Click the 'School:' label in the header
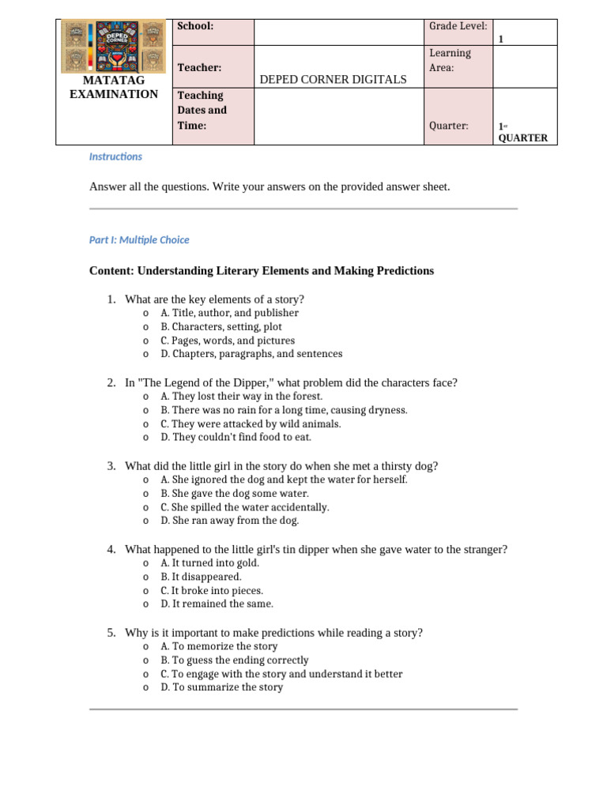pos(195,26)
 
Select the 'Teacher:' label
pos(199,68)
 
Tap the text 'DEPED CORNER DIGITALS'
pos(333,79)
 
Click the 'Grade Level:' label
pos(458,26)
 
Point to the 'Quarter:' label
pos(448,126)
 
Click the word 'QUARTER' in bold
pos(522,138)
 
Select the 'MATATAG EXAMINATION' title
pos(113,88)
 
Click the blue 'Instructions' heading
pos(115,156)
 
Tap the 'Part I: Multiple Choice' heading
pos(139,239)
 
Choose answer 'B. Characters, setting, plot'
pos(221,326)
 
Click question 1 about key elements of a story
pos(214,299)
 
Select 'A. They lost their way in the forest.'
pos(241,396)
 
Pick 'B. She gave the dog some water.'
pos(234,493)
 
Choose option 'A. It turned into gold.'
pos(209,563)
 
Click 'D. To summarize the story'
pos(221,687)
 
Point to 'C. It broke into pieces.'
pos(211,590)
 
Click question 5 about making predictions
pos(273,633)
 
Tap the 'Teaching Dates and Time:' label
pos(202,111)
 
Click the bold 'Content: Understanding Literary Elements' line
pos(262,271)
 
